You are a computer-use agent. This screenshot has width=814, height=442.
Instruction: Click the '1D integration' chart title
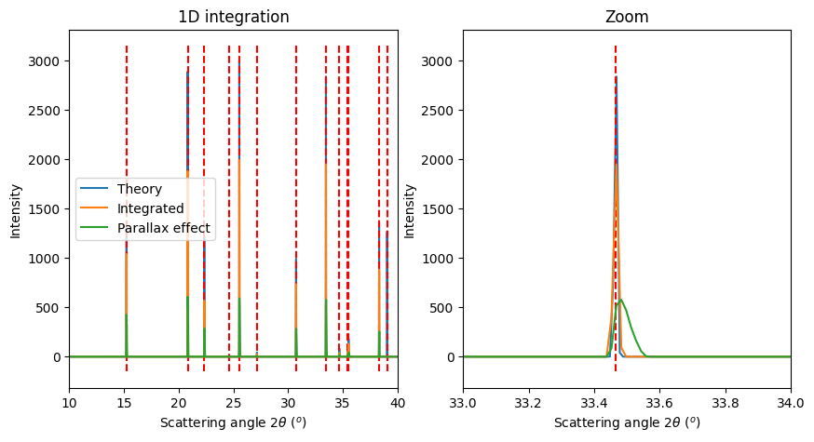[233, 18]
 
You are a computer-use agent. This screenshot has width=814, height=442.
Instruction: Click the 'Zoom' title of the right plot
[627, 18]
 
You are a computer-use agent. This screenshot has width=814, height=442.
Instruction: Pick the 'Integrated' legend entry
[150, 208]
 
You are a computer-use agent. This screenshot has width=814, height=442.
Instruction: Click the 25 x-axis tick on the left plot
[234, 402]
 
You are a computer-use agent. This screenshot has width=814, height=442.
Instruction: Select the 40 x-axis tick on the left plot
[398, 402]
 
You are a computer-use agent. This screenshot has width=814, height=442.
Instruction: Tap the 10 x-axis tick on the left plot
[69, 402]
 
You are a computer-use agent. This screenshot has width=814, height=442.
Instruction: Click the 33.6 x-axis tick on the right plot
[659, 402]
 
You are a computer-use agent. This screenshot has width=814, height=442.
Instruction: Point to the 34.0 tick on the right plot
[791, 402]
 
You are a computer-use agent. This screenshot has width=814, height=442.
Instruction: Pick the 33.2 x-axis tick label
[528, 402]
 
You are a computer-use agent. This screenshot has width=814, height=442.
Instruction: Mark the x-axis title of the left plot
[233, 422]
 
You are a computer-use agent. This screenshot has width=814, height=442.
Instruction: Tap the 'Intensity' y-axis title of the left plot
[16, 209]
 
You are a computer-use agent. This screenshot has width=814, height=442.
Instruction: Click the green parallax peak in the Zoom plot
[621, 300]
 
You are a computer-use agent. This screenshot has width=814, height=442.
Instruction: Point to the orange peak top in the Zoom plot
[616, 165]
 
